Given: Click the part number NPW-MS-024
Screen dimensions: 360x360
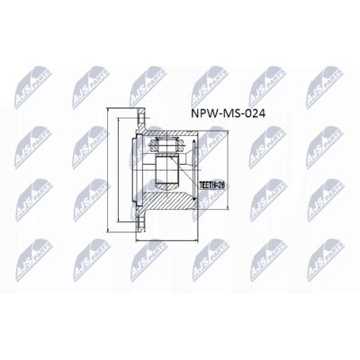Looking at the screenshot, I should click(x=228, y=115).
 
